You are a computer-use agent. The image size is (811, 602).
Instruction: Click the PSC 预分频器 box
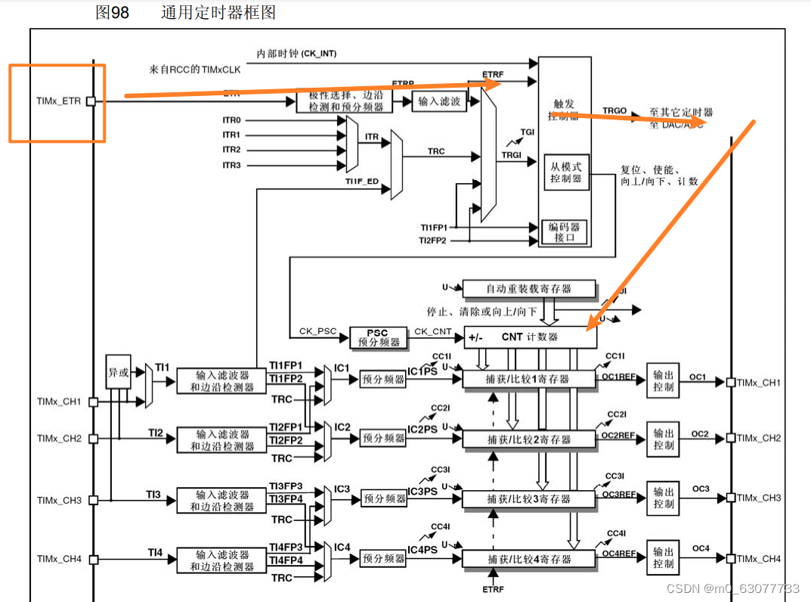(377, 338)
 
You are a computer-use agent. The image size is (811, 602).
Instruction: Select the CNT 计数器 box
(529, 337)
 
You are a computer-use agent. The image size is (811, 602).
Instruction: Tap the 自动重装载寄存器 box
(529, 288)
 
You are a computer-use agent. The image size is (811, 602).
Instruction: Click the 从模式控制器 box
(566, 172)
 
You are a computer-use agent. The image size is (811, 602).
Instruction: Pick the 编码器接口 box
(565, 231)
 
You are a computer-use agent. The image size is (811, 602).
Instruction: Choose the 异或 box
(117, 372)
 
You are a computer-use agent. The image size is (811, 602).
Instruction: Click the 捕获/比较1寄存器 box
(529, 379)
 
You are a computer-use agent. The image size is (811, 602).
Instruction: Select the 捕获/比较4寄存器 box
(529, 560)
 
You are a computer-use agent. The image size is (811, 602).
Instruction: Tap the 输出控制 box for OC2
(664, 439)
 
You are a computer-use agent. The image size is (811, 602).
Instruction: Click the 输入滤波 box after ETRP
(439, 101)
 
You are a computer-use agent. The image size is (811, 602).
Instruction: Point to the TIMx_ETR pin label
(57, 100)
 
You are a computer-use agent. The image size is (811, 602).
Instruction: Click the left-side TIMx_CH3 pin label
(59, 500)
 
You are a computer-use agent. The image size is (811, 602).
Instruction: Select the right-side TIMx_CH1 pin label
(759, 383)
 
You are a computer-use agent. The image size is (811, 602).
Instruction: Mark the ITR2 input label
(231, 150)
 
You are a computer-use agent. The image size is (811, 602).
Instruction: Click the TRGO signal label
(614, 110)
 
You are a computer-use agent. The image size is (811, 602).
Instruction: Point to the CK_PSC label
(317, 330)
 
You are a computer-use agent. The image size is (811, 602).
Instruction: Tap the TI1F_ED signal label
(362, 182)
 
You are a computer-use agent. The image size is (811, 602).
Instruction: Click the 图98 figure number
(112, 13)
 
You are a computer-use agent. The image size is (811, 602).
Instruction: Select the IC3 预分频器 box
(384, 498)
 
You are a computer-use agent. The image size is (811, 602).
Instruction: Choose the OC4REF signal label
(618, 554)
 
